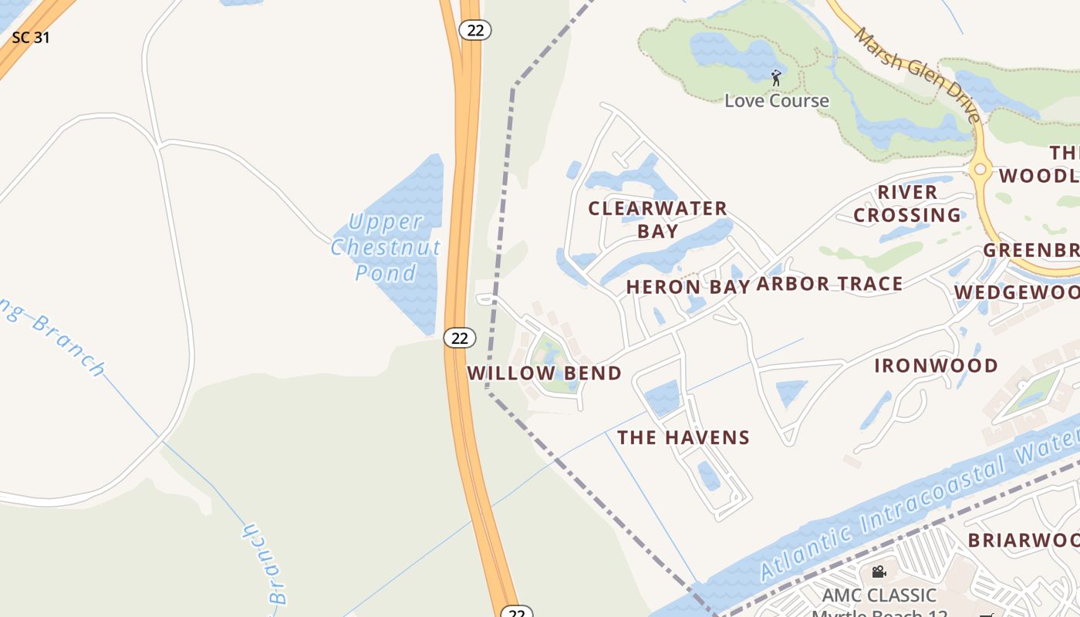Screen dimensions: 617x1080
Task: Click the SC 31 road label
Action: (31, 37)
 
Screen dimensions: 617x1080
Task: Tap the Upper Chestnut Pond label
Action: (386, 247)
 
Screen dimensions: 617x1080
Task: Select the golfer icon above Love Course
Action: (776, 78)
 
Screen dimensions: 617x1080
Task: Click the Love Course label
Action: (776, 100)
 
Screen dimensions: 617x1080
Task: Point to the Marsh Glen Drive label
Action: (918, 75)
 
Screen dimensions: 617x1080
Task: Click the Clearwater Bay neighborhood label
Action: (657, 219)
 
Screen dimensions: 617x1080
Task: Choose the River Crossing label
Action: (907, 204)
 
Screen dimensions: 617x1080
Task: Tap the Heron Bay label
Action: (688, 287)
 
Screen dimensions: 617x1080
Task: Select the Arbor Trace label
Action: (829, 284)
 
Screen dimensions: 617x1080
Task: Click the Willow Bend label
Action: (545, 373)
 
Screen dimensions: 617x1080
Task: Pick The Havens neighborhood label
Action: (683, 438)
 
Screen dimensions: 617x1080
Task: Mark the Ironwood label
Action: (936, 366)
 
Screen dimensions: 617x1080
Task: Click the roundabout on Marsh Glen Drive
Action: (980, 169)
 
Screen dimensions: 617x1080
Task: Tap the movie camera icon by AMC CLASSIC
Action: (878, 572)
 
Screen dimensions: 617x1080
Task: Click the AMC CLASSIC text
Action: (879, 595)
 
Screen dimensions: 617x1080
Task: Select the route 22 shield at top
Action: (475, 29)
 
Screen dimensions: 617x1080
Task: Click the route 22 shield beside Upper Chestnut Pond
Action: (460, 338)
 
